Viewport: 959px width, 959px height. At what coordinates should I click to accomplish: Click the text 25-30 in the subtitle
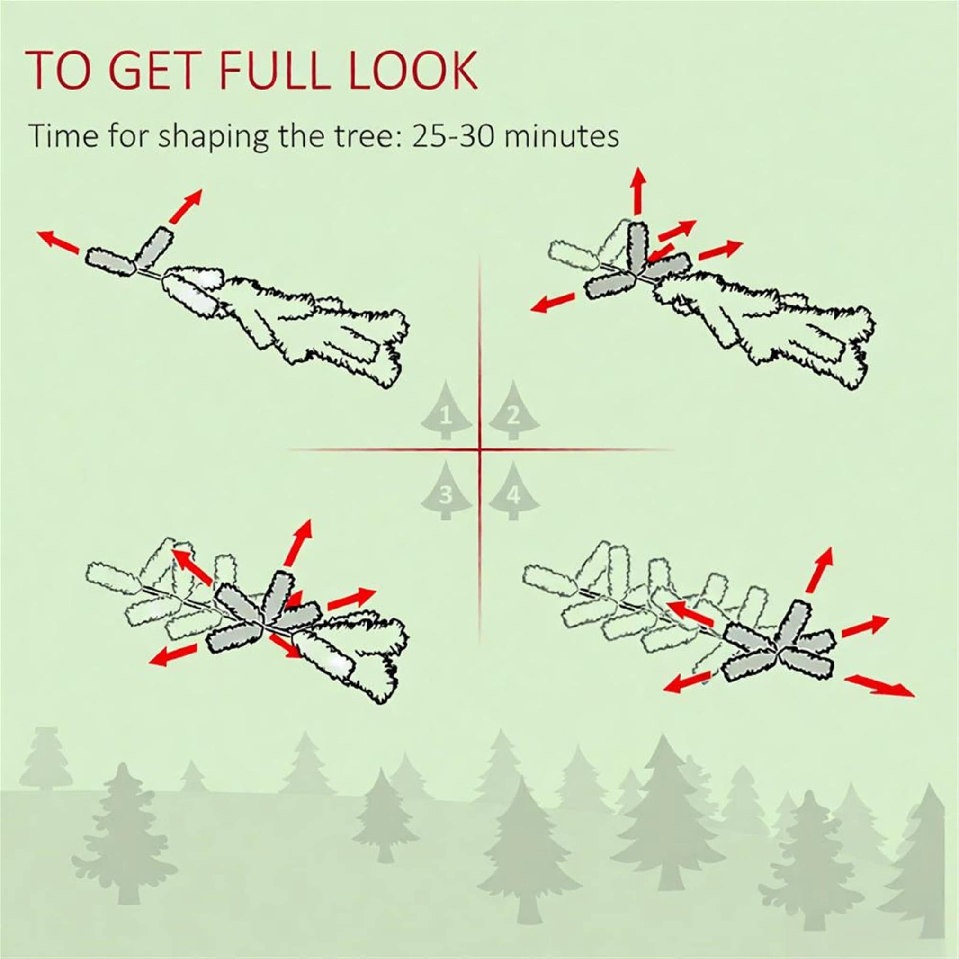[x=451, y=135]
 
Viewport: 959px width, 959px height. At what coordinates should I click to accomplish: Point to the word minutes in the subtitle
[x=560, y=135]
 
